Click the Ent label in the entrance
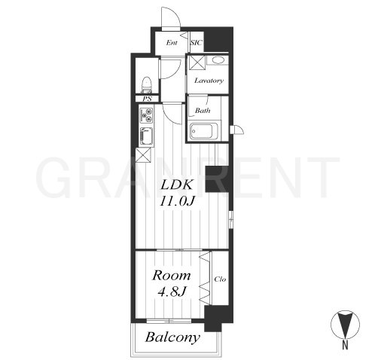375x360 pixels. [x=172, y=43]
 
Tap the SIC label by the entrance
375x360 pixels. [x=196, y=43]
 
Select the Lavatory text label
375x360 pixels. [x=209, y=81]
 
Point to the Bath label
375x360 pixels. [x=203, y=111]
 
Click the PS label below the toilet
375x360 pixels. [x=147, y=99]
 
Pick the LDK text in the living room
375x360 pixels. [x=177, y=185]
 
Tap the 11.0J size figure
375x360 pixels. [x=177, y=202]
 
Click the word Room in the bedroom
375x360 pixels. [x=172, y=276]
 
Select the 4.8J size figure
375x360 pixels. [x=172, y=291]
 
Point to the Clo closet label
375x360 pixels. [x=220, y=279]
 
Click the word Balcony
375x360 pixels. [x=172, y=337]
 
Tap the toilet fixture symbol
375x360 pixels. [x=147, y=84]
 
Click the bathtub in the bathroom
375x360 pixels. [x=203, y=131]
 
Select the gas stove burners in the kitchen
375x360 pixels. [x=146, y=115]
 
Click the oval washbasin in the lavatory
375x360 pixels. [x=218, y=60]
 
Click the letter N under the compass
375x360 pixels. [x=346, y=346]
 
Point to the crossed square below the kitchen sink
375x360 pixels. [x=143, y=155]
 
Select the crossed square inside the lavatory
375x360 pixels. [x=197, y=63]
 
